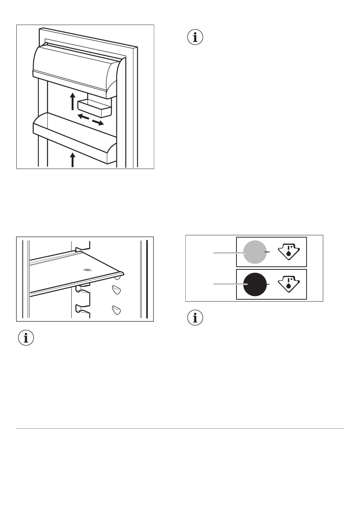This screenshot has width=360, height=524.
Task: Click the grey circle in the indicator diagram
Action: (255, 252)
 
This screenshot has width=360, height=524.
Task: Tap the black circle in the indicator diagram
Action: (255, 284)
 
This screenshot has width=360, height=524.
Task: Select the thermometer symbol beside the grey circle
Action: (289, 251)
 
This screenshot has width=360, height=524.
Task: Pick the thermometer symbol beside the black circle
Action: (289, 284)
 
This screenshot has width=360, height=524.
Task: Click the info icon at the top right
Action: (196, 38)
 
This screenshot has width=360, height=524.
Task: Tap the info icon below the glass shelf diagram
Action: (26, 338)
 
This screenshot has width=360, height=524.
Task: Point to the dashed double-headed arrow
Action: (91, 119)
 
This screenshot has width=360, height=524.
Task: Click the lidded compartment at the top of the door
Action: (76, 68)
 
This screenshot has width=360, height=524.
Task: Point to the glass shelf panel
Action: (76, 271)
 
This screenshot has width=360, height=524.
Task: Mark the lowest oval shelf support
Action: (116, 310)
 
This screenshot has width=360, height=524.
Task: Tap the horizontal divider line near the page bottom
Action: (180, 429)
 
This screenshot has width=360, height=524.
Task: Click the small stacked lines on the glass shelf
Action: (88, 269)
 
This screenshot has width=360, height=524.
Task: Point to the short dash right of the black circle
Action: (269, 284)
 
